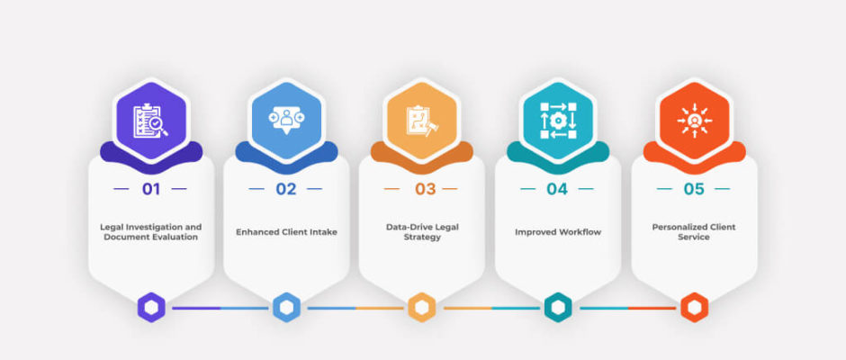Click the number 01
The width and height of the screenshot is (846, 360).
tap(151, 189)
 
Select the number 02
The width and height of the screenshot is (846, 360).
tap(286, 189)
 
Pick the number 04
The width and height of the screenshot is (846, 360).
tap(557, 189)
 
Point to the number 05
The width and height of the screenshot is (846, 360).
tap(694, 189)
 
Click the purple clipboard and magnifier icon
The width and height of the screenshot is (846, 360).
tap(150, 121)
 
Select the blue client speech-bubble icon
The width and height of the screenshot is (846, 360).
tap(286, 119)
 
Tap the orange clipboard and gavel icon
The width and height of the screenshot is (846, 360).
tap(422, 121)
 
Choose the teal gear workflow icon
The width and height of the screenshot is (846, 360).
tap(558, 121)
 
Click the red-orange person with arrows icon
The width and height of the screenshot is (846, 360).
tap(695, 121)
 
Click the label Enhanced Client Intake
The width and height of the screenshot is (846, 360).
tap(286, 232)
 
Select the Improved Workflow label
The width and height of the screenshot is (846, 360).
tap(558, 232)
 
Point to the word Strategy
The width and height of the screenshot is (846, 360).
tap(422, 237)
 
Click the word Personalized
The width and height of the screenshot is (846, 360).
tap(679, 227)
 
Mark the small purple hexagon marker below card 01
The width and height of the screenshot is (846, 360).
tap(151, 308)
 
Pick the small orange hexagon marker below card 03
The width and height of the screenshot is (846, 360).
tap(422, 308)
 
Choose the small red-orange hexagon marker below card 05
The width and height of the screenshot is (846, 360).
tap(695, 308)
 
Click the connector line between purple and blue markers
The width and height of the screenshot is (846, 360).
tap(220, 308)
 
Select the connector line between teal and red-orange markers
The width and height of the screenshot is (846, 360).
tap(628, 308)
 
